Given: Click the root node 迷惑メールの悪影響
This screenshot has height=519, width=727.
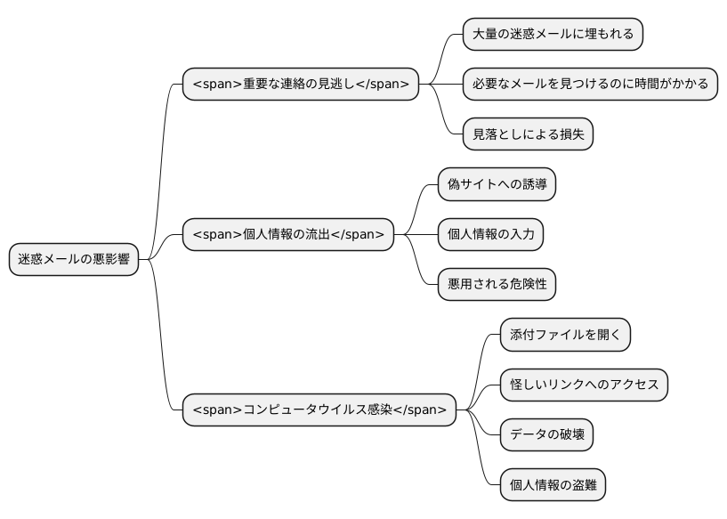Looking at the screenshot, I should click(x=74, y=259).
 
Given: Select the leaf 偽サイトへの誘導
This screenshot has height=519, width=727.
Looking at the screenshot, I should click(x=497, y=184).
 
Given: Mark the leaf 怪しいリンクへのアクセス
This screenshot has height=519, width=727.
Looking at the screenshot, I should click(x=584, y=385).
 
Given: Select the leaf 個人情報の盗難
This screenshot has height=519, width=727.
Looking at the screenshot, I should click(x=553, y=485).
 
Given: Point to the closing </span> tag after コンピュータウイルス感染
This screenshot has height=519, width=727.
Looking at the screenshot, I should click(x=419, y=410).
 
